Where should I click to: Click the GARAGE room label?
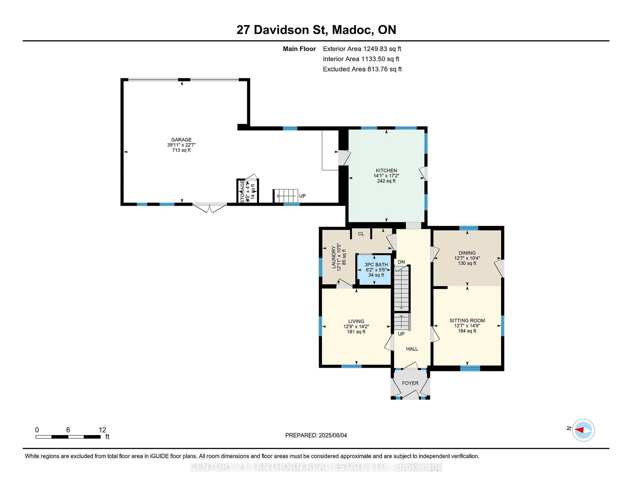click(x=181, y=140)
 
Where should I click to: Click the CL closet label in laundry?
click(x=361, y=234)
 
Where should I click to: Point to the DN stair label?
click(x=401, y=262)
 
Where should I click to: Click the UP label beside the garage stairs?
click(x=302, y=196)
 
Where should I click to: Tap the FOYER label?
click(x=410, y=383)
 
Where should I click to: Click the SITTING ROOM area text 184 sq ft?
click(x=467, y=331)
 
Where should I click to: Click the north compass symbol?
click(x=583, y=430)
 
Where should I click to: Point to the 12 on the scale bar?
click(x=102, y=430)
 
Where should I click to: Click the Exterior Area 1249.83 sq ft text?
click(x=362, y=49)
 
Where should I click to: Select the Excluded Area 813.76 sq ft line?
click(x=362, y=69)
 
